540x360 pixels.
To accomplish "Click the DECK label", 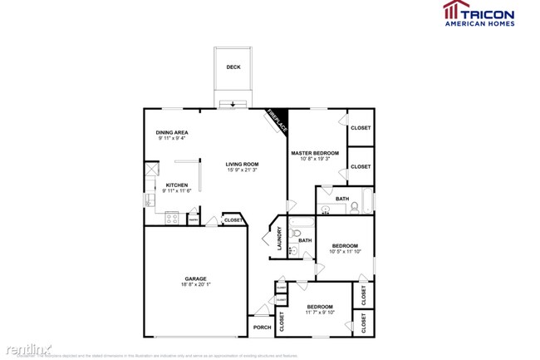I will (x=233, y=67).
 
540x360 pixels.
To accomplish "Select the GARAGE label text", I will (x=195, y=279).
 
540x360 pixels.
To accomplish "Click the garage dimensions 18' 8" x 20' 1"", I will (x=195, y=284).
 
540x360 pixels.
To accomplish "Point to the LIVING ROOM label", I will (x=243, y=164).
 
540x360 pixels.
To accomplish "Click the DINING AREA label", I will (x=172, y=133).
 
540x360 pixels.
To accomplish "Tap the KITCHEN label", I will (x=176, y=185).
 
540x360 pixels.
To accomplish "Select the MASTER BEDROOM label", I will (x=314, y=153).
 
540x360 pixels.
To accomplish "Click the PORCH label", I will (x=261, y=327).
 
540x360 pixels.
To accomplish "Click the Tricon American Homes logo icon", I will (x=454, y=12).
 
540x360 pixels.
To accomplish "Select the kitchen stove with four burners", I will (x=173, y=219).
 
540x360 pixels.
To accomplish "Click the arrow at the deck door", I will (x=233, y=105).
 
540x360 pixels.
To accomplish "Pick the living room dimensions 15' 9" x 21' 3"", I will (x=243, y=170).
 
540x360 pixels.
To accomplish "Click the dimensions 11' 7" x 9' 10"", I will (x=320, y=313).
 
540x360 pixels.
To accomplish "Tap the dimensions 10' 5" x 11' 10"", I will (x=345, y=252).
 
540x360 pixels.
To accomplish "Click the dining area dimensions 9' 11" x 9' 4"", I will (x=172, y=139).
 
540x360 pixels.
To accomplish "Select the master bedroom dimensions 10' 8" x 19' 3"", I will (x=314, y=159).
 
